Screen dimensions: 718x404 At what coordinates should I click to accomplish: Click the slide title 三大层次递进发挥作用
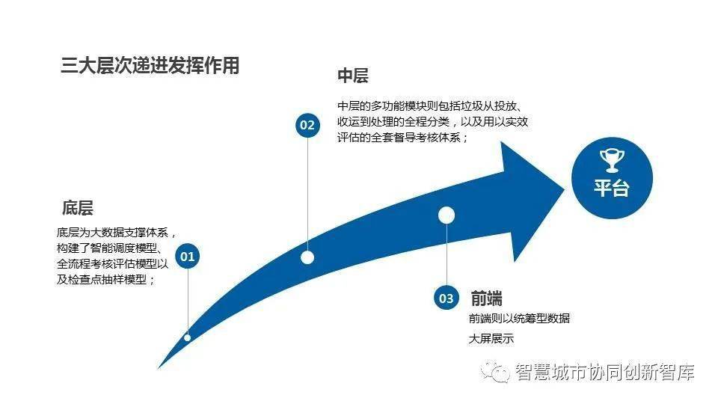click(x=150, y=66)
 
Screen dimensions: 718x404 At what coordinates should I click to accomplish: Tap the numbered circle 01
click(x=187, y=256)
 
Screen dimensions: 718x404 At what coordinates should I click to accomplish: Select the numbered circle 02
click(x=307, y=125)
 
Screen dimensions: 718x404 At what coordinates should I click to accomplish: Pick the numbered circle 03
click(x=446, y=299)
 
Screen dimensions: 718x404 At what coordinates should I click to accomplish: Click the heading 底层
click(x=78, y=208)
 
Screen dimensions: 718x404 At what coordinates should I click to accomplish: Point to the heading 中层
click(x=352, y=76)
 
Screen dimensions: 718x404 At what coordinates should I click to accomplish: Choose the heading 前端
click(x=486, y=299)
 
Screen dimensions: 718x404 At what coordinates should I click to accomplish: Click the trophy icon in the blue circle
click(x=612, y=160)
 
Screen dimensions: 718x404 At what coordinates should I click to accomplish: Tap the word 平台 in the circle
click(x=612, y=188)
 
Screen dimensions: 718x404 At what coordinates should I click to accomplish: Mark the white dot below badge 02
click(x=307, y=257)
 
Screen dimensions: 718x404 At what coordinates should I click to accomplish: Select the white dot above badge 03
click(x=447, y=215)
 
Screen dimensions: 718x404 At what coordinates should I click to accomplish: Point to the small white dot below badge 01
click(x=187, y=337)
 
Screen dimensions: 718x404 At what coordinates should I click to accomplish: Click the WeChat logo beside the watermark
click(x=495, y=371)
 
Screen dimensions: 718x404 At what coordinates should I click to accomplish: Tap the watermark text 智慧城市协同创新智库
click(x=604, y=372)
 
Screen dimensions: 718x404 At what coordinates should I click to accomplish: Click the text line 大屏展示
click(x=491, y=339)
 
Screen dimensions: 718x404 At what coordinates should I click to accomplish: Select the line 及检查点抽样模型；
click(x=105, y=279)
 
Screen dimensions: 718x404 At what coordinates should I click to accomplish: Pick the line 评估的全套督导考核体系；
click(x=402, y=138)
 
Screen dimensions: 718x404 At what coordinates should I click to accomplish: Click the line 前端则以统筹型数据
click(x=519, y=319)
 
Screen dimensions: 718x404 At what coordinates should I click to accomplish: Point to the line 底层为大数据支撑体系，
click(x=117, y=233)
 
